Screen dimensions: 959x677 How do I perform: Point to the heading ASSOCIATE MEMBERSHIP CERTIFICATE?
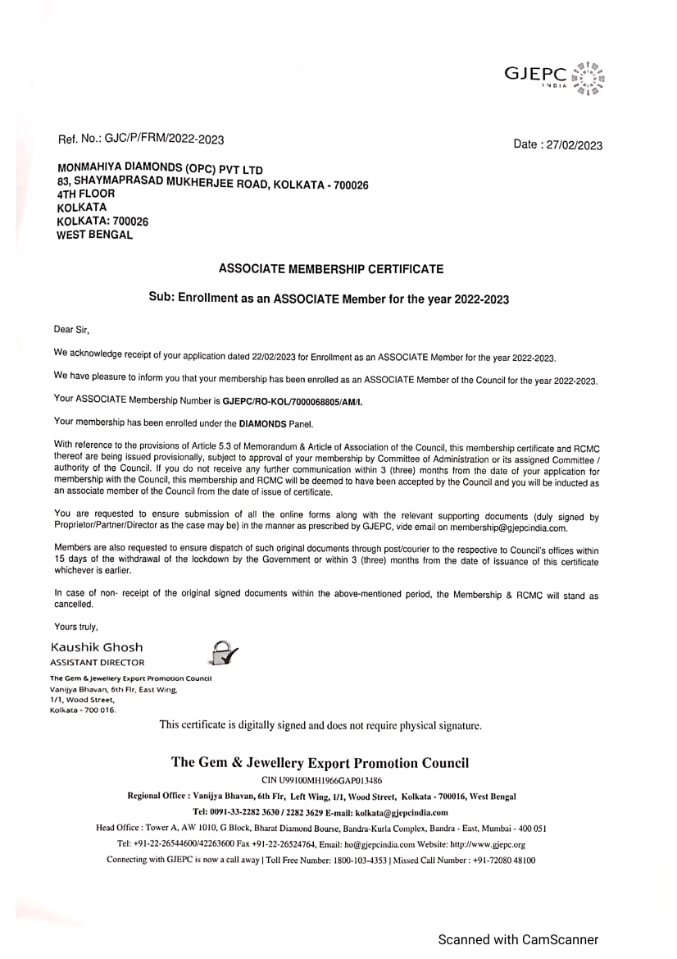[x=332, y=268]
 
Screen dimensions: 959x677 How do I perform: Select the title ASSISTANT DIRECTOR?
[x=98, y=662]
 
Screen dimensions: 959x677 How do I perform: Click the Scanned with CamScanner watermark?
[x=518, y=940]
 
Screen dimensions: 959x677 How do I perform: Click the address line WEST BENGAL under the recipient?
[x=94, y=235]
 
